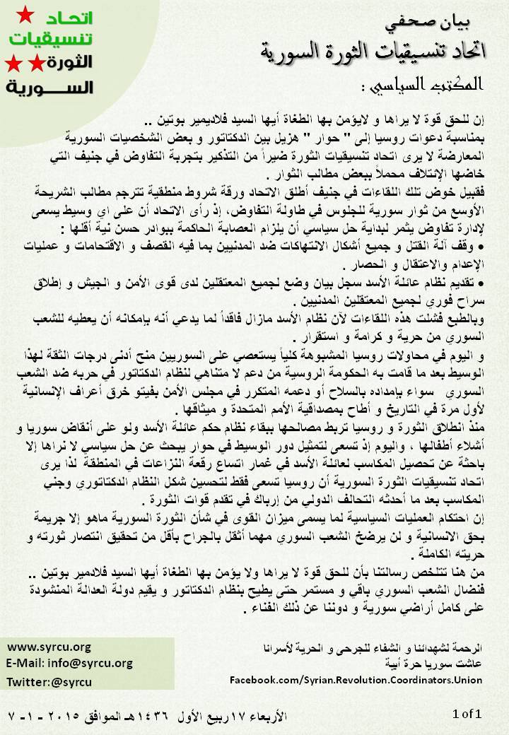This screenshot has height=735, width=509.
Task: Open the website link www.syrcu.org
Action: (x=49, y=647)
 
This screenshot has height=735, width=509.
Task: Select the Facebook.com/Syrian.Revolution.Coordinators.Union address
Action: (x=356, y=679)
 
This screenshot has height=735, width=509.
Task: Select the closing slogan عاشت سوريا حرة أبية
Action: (x=438, y=664)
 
